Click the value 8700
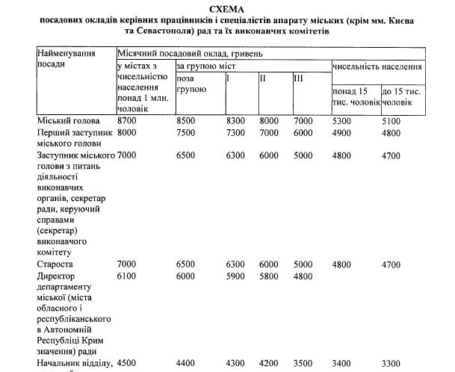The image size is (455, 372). pos(127,120)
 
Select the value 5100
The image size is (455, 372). pos(391,120)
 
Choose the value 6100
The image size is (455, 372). pos(127,276)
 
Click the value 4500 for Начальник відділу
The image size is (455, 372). pos(127,364)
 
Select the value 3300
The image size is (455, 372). pos(391,364)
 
